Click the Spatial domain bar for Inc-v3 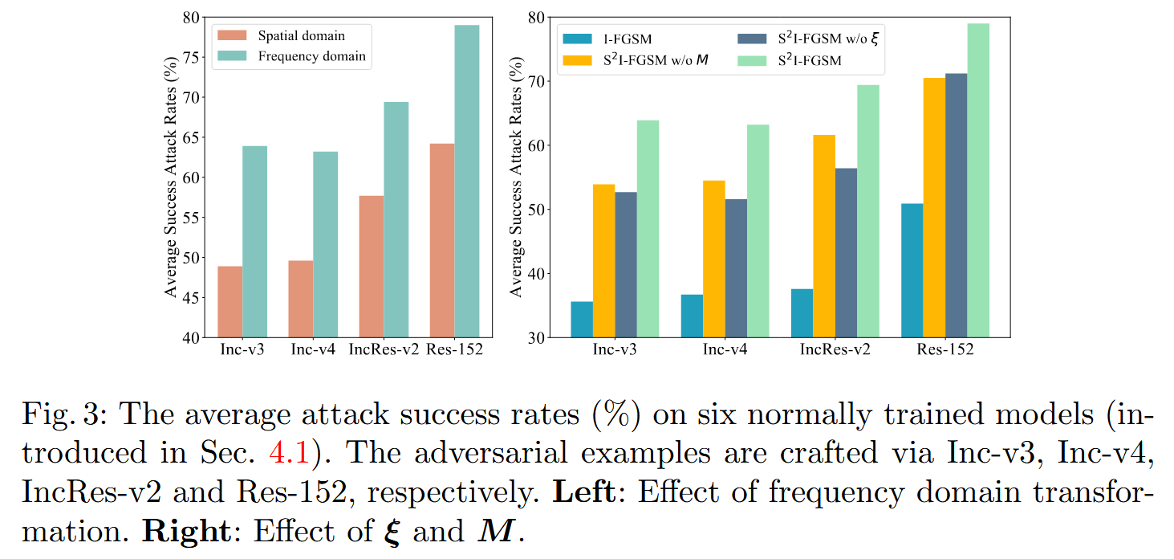click(x=230, y=302)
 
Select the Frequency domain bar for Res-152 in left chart click(x=466, y=182)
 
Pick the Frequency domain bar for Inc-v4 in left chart click(x=325, y=245)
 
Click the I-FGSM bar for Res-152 click(x=912, y=271)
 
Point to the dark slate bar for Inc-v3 click(x=626, y=265)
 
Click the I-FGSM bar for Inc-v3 click(x=582, y=320)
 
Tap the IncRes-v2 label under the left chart click(x=384, y=350)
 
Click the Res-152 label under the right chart click(x=946, y=350)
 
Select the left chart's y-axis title click(x=170, y=177)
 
